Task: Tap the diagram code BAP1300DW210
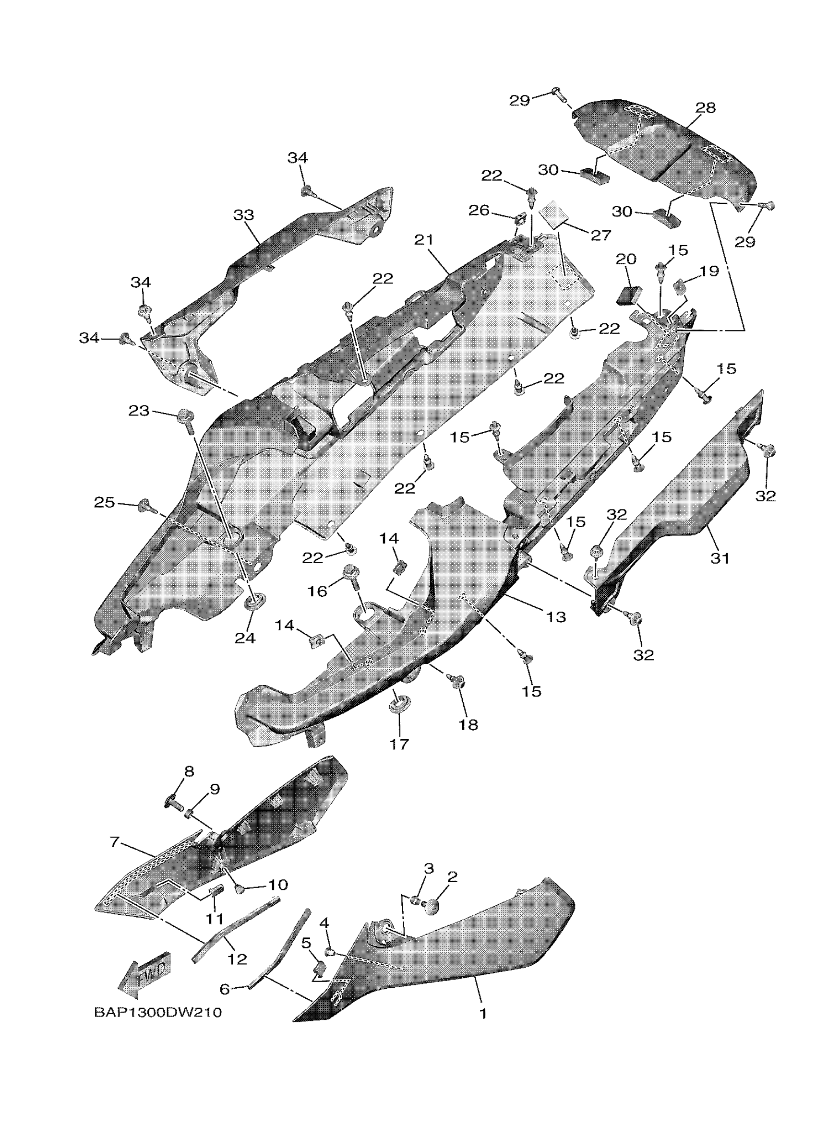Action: [157, 1013]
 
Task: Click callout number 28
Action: [706, 108]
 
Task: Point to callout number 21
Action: [423, 240]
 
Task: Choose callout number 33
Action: [243, 215]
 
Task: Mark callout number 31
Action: [720, 558]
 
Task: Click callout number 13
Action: [556, 617]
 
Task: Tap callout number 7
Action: [115, 841]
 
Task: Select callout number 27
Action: [600, 236]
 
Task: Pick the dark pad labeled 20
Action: [626, 295]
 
